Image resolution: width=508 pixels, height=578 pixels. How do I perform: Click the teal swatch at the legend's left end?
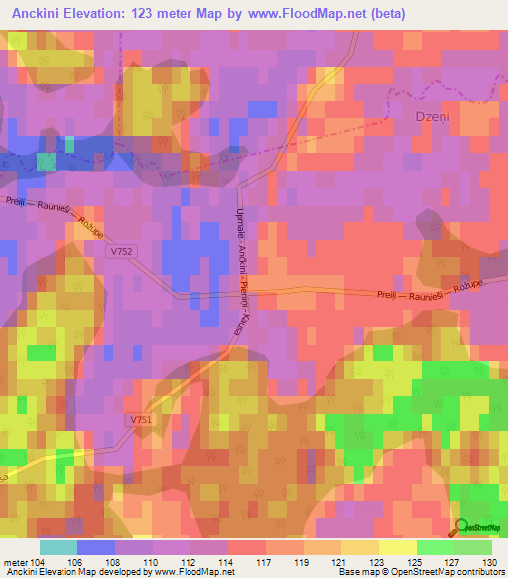point(58,546)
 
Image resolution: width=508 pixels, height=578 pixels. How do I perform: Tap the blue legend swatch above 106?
point(95,546)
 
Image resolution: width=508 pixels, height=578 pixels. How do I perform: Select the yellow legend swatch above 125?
point(398,546)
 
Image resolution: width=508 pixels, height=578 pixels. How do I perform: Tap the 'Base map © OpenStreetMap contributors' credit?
point(420,572)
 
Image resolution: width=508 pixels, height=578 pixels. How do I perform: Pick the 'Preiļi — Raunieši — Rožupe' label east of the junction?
point(433,295)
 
